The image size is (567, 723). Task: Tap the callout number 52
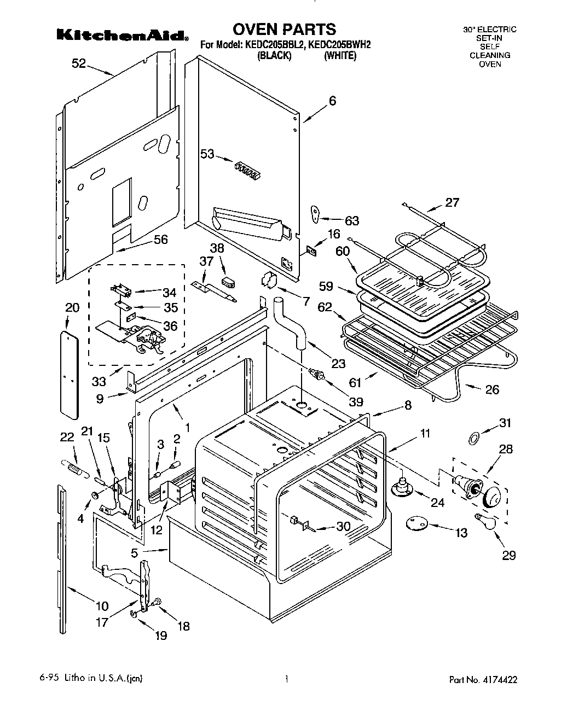[x=79, y=64]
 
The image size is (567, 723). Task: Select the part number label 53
[x=207, y=154]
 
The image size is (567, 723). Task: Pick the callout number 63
[x=352, y=220]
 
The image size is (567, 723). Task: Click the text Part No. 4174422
[x=483, y=680]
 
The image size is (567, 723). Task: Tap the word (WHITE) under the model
[x=340, y=55]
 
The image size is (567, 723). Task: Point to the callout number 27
[x=452, y=202]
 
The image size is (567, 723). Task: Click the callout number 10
[x=101, y=606]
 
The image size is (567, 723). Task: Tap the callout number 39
[x=356, y=402]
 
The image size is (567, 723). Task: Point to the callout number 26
[x=492, y=389]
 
